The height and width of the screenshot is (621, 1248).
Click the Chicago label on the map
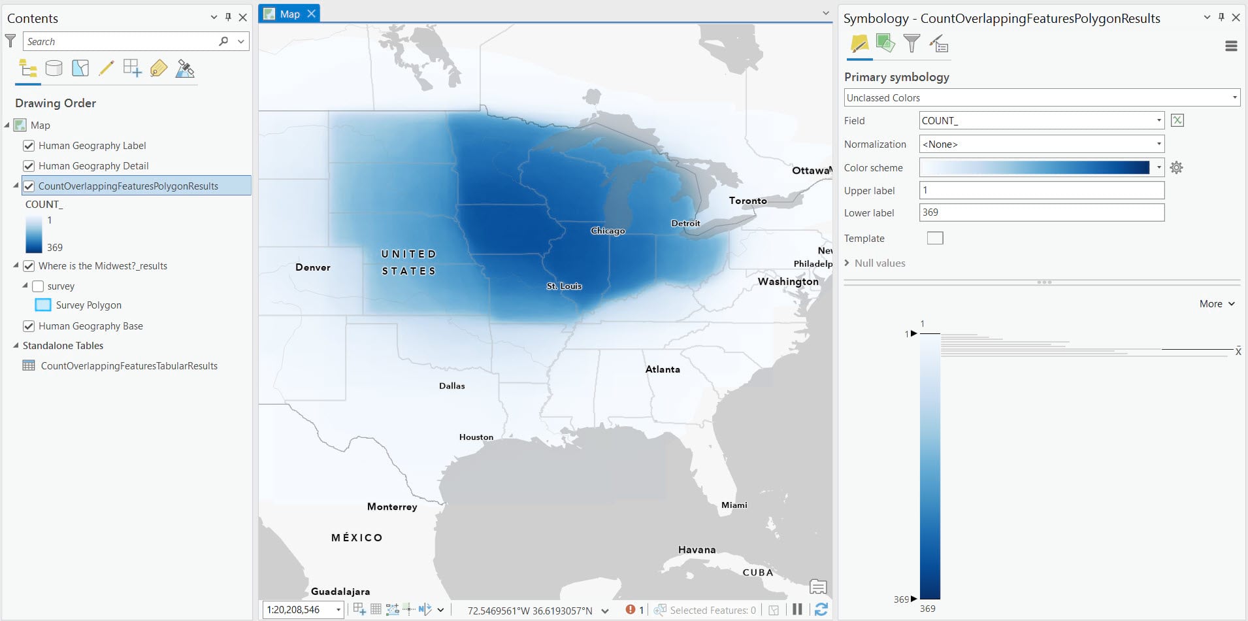pyautogui.click(x=608, y=231)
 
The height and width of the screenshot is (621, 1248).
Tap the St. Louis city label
pyautogui.click(x=564, y=286)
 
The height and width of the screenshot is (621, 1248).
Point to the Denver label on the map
pyautogui.click(x=313, y=267)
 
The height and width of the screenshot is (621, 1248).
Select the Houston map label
pyautogui.click(x=476, y=437)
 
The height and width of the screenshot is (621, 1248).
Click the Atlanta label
pyautogui.click(x=663, y=369)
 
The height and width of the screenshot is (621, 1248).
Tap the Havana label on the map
pyautogui.click(x=697, y=550)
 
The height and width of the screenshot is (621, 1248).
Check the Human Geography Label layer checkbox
pyautogui.click(x=29, y=146)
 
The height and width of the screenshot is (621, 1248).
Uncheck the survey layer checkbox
pyautogui.click(x=38, y=286)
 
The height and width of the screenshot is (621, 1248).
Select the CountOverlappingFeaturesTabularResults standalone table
pyautogui.click(x=129, y=366)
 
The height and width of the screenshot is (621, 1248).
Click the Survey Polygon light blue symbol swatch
pyautogui.click(x=43, y=305)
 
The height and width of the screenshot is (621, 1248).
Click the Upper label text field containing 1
pyautogui.click(x=1041, y=190)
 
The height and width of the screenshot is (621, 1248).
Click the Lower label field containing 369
pyautogui.click(x=1041, y=212)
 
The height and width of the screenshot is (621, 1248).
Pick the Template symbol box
pyautogui.click(x=935, y=238)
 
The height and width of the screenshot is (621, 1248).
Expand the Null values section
pyautogui.click(x=847, y=263)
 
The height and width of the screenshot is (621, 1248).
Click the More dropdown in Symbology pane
pyautogui.click(x=1217, y=304)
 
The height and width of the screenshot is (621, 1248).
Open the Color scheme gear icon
pyautogui.click(x=1176, y=168)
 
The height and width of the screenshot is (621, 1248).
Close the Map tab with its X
pyautogui.click(x=312, y=14)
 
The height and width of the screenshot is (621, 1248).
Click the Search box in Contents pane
pyautogui.click(x=121, y=42)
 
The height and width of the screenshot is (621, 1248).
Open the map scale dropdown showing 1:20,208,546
pyautogui.click(x=338, y=610)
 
